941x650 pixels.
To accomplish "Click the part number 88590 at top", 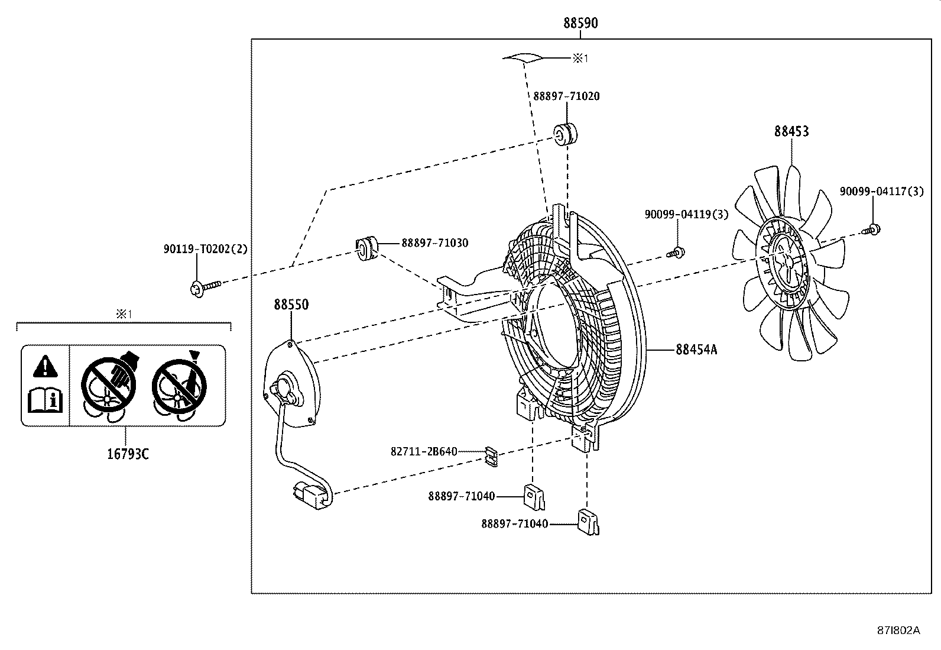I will click(580, 23).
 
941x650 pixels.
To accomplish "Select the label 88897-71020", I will click(566, 96).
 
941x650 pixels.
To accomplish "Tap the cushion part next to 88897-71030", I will click(366, 247).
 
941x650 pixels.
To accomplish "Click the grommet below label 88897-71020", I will click(566, 134).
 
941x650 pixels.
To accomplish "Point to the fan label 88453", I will click(791, 131).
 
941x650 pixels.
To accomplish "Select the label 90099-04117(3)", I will click(881, 191).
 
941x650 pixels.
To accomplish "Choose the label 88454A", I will click(696, 350).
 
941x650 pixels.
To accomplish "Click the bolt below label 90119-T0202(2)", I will click(203, 288).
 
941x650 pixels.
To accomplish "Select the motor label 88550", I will click(291, 305).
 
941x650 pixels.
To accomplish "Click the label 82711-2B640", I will click(424, 451).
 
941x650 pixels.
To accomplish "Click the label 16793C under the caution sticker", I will click(128, 454).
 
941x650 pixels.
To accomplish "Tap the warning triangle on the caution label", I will click(45, 367).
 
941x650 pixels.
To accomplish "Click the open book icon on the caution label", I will click(45, 400).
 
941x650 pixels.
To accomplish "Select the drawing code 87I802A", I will click(898, 630).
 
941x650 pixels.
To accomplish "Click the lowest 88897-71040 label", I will click(514, 523).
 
